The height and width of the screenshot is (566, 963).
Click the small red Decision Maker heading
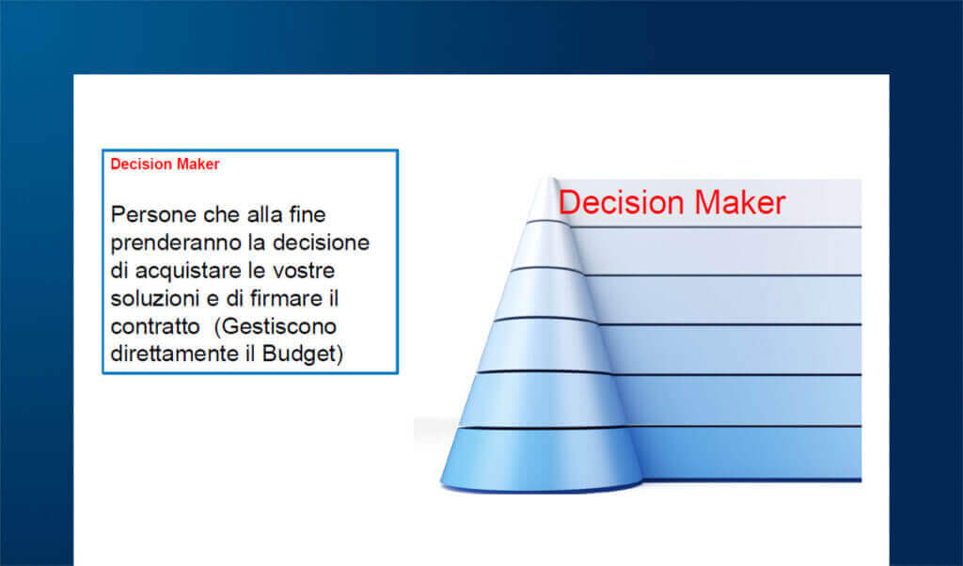165,165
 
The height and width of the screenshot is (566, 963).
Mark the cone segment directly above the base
543,400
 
